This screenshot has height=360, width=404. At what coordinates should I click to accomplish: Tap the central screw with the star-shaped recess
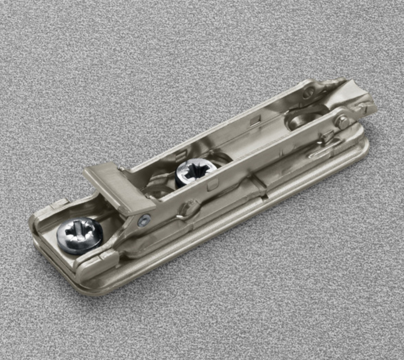pyautogui.click(x=196, y=172)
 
